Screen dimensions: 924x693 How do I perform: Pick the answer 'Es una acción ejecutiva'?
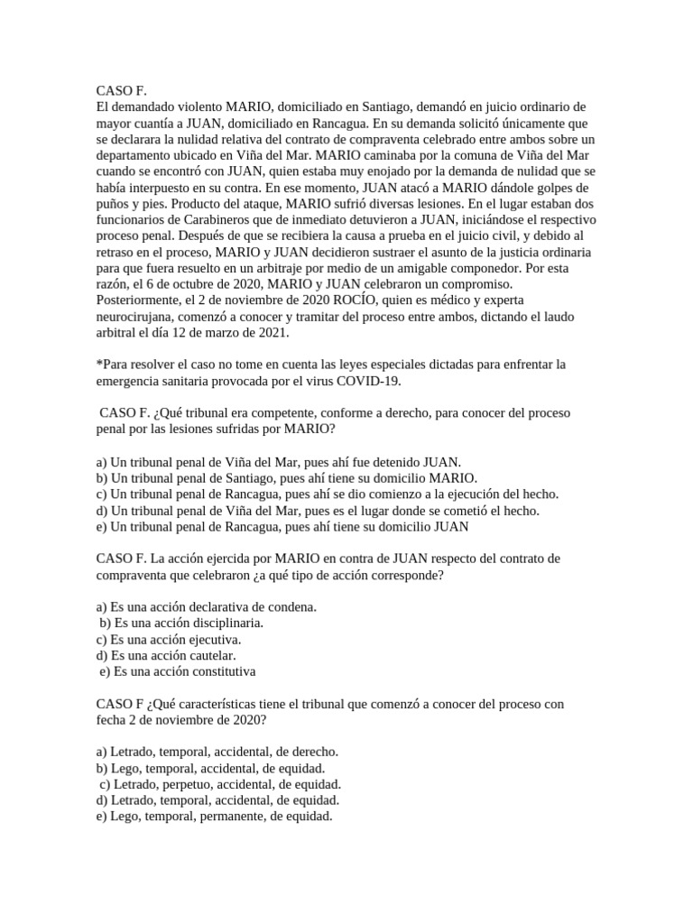tap(169, 640)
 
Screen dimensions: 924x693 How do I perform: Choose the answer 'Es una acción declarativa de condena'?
tap(207, 607)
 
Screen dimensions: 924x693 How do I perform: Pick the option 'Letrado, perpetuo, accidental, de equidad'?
tap(222, 785)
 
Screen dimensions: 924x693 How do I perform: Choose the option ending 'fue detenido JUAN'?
tap(279, 462)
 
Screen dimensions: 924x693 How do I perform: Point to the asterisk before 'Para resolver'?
tap(98, 364)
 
